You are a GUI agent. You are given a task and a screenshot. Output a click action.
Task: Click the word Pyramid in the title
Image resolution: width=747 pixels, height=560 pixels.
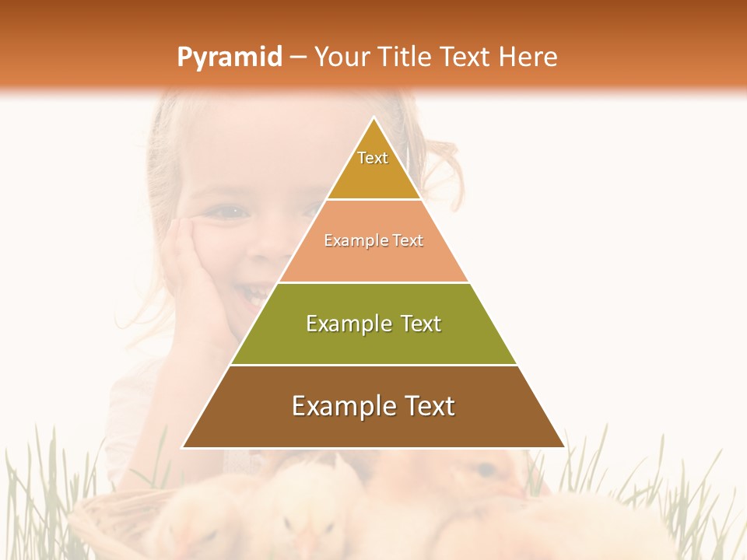(230, 58)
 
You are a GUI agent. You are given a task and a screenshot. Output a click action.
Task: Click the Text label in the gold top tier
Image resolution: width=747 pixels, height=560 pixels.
(373, 158)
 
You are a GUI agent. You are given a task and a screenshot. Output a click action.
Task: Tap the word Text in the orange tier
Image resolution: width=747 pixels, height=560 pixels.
(409, 241)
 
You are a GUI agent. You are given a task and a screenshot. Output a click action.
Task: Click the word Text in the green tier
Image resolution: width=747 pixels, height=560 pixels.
(421, 324)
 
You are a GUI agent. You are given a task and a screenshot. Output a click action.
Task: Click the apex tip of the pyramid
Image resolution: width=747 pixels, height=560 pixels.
(373, 118)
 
